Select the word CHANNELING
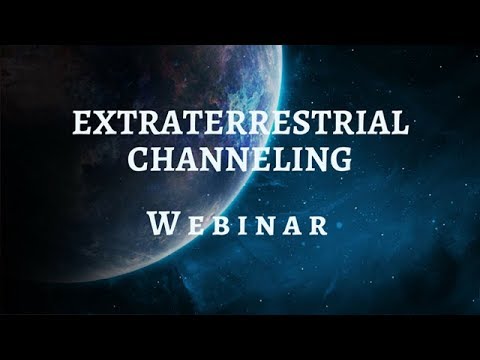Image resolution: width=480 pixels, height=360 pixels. pos(239,160)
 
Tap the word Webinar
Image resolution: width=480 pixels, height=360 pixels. pos(240,222)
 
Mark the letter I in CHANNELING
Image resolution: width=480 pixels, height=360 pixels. pos(295,160)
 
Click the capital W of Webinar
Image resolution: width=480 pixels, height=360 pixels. pos(165,222)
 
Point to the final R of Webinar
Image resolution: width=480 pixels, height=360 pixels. pos(317,223)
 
